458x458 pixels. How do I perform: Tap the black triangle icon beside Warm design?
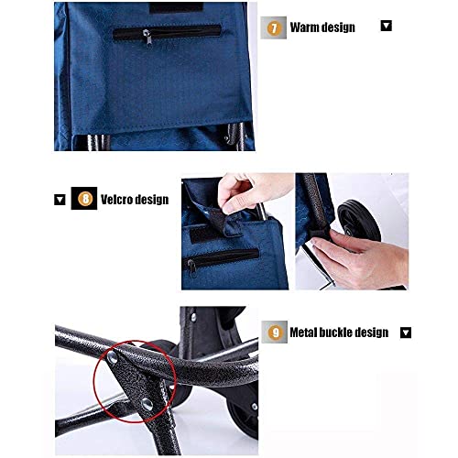(x=386, y=26)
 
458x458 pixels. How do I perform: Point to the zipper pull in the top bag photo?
(x=147, y=35)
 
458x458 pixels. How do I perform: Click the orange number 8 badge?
(x=85, y=198)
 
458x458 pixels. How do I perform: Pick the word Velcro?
(x=116, y=199)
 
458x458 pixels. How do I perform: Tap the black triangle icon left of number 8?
(x=60, y=198)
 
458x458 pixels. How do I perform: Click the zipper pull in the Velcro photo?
(x=191, y=266)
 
